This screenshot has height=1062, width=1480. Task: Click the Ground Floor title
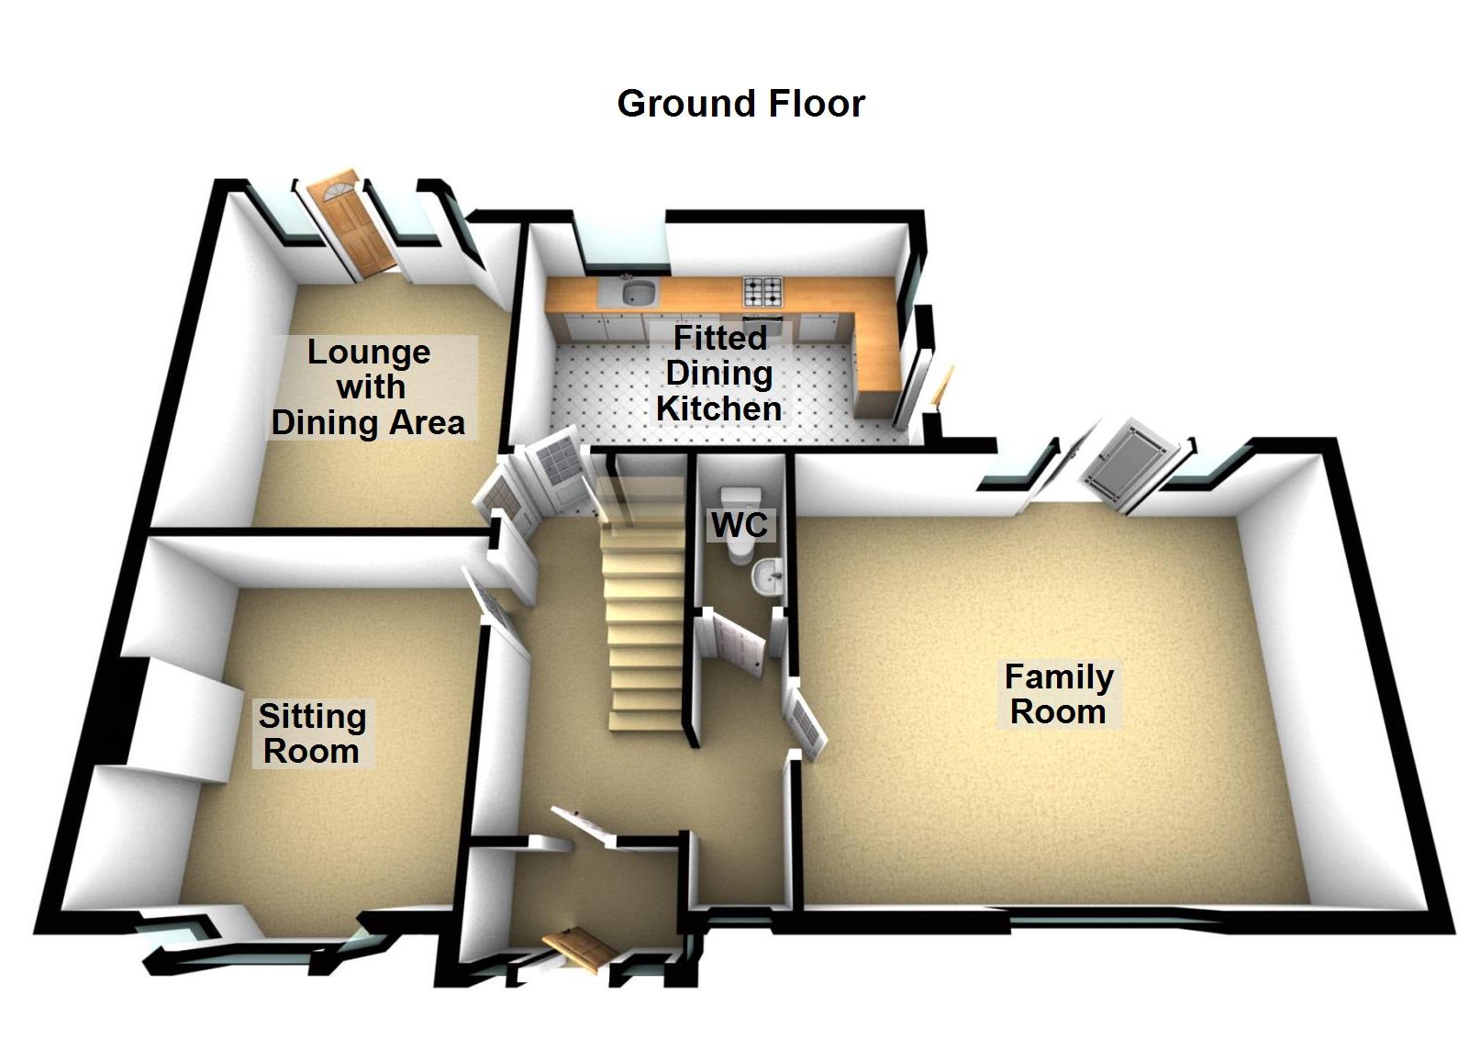740,104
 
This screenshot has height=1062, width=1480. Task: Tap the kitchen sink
639,292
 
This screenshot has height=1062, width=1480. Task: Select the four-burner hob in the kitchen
762,291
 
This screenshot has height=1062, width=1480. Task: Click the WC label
740,525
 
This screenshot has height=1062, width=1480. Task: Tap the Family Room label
1059,695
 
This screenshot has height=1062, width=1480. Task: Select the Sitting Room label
312,733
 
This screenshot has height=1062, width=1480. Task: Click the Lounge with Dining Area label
369,388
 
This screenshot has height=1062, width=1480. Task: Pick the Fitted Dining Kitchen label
718,374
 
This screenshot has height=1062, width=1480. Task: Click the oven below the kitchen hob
763,325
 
